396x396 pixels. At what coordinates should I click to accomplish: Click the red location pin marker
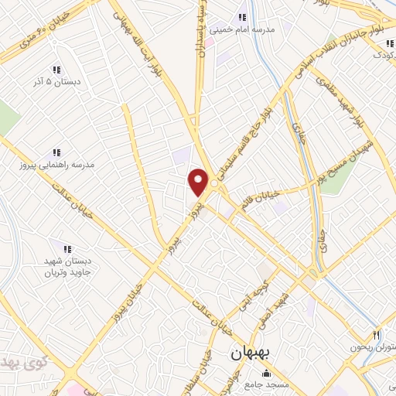pos(199,182)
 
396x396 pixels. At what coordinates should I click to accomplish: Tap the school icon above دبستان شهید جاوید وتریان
pos(67,249)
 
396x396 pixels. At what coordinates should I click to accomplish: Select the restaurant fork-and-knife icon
pos(377,335)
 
